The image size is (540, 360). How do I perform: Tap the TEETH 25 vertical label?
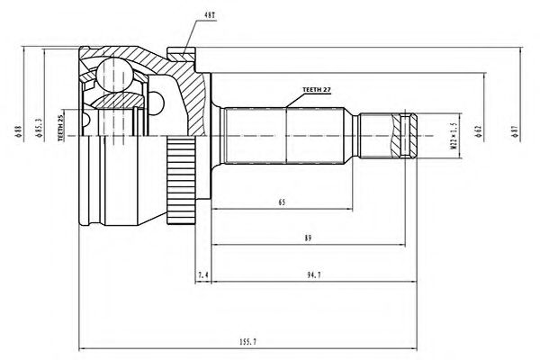click(63, 129)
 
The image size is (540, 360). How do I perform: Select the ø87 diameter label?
click(514, 133)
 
